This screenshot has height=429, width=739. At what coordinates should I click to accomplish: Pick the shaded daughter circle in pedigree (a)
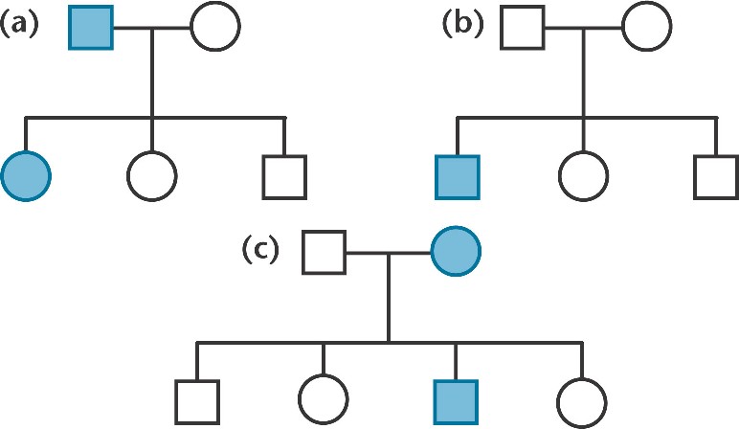26,175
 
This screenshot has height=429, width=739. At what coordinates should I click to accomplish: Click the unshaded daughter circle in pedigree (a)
152,175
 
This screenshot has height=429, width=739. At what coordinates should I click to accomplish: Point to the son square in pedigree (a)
283,175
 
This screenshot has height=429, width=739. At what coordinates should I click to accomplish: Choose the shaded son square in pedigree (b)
458,175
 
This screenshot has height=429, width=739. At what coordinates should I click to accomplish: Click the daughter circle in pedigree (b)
584,175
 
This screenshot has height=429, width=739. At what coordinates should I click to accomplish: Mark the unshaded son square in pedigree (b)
715,175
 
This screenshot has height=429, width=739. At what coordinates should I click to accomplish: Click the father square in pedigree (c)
325,253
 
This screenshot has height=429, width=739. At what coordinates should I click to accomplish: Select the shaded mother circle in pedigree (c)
456,253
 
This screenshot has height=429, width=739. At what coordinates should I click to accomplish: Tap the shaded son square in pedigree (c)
456,400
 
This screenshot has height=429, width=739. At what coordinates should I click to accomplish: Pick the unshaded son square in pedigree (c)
197,400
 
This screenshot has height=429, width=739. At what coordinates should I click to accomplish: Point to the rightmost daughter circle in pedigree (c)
582,400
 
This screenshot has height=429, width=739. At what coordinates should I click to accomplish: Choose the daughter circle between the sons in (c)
324,400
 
